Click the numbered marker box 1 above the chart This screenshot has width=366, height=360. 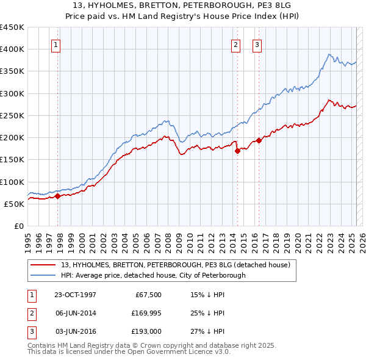click(x=56, y=45)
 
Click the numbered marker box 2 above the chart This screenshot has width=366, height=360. click(x=235, y=45)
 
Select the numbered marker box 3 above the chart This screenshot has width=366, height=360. click(x=257, y=45)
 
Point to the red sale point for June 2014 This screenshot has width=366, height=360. click(x=237, y=151)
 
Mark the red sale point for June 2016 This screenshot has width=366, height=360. click(x=259, y=141)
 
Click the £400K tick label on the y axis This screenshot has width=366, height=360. click(x=12, y=49)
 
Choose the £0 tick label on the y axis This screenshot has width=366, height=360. click(x=20, y=226)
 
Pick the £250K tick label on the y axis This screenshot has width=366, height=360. click(x=12, y=115)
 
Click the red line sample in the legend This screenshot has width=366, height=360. click(x=42, y=265)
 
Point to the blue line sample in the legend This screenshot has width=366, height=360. click(x=42, y=275)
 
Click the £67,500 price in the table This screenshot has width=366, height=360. click(x=148, y=294)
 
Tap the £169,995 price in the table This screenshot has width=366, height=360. click(x=145, y=313)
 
